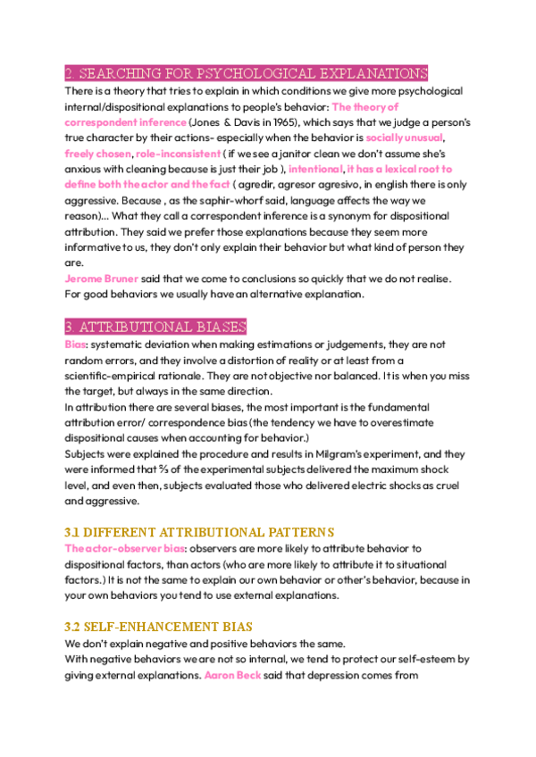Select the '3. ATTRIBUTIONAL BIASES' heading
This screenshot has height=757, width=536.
coord(155,327)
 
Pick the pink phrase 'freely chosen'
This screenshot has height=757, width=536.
coord(97,154)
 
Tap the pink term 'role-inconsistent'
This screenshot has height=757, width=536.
coord(178,154)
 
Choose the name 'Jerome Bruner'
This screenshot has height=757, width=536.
coord(102,279)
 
